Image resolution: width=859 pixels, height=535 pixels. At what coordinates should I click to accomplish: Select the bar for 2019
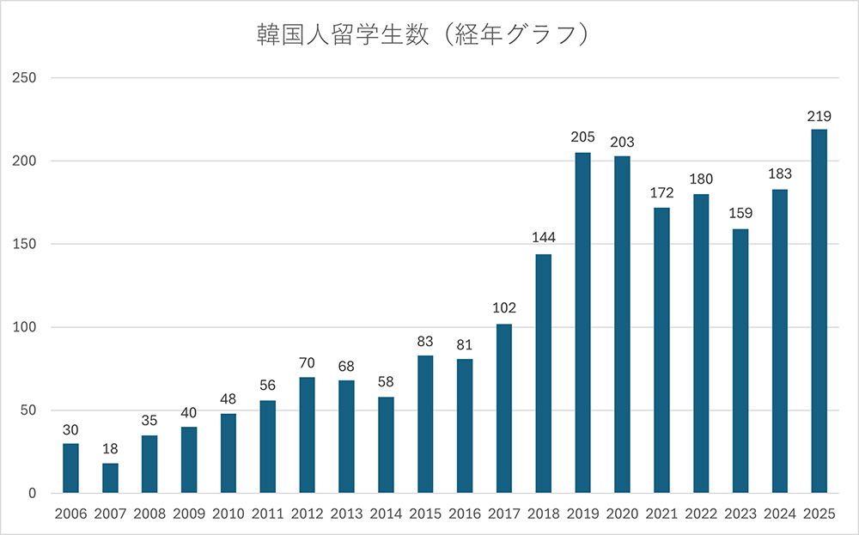582,323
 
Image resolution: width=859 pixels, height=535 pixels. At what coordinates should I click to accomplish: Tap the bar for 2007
110,478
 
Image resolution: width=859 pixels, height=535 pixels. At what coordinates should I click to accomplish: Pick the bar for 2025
819,311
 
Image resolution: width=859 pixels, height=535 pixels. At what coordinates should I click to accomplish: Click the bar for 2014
386,445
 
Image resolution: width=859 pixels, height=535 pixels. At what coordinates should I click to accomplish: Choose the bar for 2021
661,350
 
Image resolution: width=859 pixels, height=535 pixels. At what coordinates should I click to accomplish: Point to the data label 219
819,115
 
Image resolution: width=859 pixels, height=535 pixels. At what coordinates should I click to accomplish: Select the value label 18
110,449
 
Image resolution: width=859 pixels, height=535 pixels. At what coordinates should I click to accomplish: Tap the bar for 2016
465,426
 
